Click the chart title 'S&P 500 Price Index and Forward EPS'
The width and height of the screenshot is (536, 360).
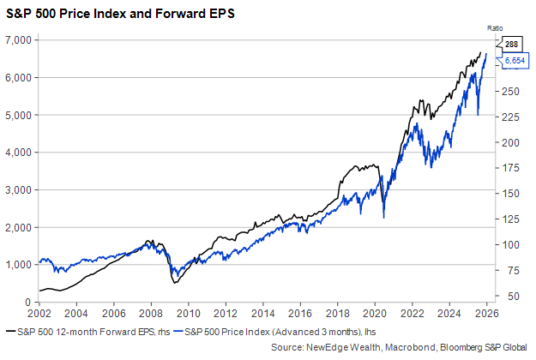click(121, 15)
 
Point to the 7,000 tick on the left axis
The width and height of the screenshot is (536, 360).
click(18, 40)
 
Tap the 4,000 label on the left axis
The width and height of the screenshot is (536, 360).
click(18, 153)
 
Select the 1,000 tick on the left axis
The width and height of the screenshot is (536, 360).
click(18, 265)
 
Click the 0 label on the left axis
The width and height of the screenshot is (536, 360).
click(27, 303)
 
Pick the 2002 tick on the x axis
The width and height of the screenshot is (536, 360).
click(39, 315)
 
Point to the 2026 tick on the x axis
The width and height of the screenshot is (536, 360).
click(488, 315)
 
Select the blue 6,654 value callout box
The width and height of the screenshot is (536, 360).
click(515, 61)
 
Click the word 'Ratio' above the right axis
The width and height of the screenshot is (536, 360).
click(495, 29)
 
